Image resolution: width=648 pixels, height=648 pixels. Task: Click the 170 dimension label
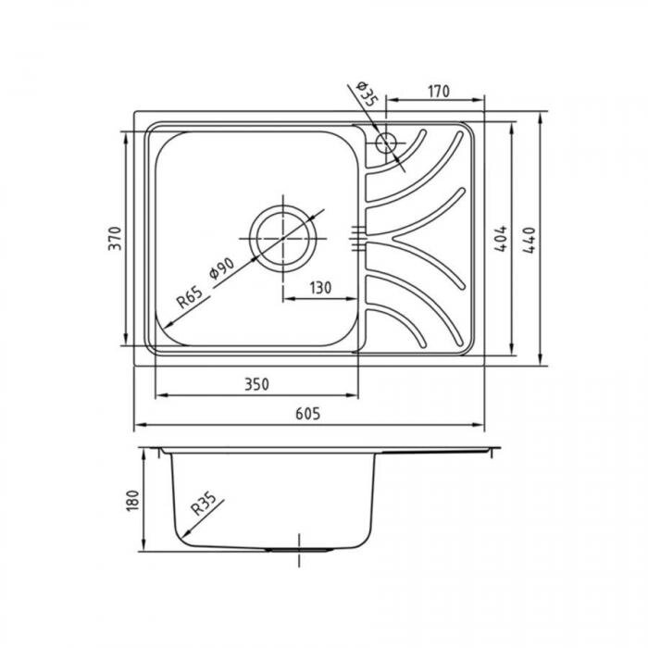(439, 92)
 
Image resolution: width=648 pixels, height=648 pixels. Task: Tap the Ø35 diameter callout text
(366, 93)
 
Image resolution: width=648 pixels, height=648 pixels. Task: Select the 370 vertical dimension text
(116, 238)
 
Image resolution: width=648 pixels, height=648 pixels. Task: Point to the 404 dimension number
(501, 239)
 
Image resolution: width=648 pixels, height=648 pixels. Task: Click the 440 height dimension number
(530, 240)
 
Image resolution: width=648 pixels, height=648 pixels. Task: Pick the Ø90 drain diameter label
(222, 268)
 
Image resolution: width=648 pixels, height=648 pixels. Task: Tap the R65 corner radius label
(190, 297)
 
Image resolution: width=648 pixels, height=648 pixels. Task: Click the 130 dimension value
(320, 288)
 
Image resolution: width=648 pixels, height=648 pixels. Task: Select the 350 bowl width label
(256, 385)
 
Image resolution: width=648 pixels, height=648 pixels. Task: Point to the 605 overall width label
(308, 414)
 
